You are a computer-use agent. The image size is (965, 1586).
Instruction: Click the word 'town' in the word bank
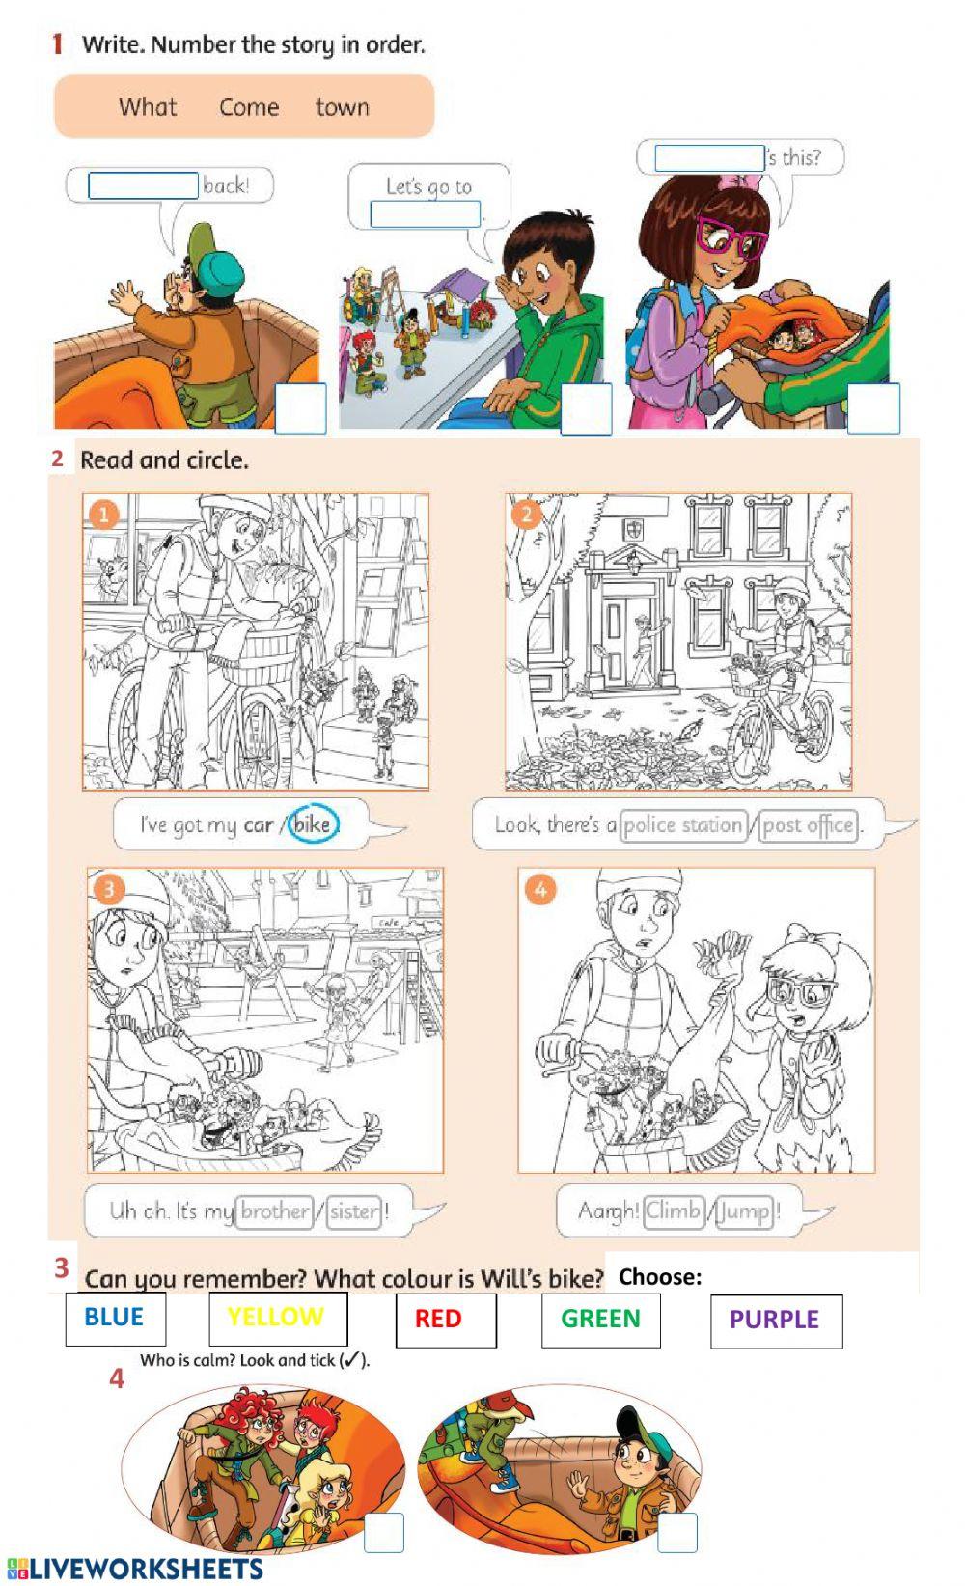click(x=343, y=107)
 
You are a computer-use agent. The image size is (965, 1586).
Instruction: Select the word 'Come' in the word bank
click(x=249, y=107)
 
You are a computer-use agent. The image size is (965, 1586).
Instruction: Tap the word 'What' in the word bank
click(x=148, y=107)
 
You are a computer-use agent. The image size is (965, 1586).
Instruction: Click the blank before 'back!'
click(x=143, y=185)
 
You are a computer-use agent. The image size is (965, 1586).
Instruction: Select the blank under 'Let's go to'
click(x=426, y=214)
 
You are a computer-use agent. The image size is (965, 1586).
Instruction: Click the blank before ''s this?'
click(x=709, y=158)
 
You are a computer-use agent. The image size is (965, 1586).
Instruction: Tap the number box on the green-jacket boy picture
click(x=586, y=409)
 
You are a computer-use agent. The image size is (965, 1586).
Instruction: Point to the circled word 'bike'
click(x=314, y=823)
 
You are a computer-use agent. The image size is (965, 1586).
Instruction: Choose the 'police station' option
click(x=683, y=825)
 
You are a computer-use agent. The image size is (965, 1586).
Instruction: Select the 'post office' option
click(x=809, y=825)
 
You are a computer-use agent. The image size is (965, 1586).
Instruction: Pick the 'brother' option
click(x=275, y=1210)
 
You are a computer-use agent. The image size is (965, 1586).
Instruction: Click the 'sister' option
click(x=354, y=1210)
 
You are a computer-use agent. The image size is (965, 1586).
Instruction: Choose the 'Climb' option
click(x=674, y=1210)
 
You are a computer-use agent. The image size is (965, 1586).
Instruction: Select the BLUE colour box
click(x=116, y=1319)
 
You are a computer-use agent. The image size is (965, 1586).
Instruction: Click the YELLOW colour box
click(x=278, y=1319)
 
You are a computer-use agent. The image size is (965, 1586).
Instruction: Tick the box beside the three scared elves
click(x=384, y=1532)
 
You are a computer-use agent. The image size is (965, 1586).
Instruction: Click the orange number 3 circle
click(x=109, y=889)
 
